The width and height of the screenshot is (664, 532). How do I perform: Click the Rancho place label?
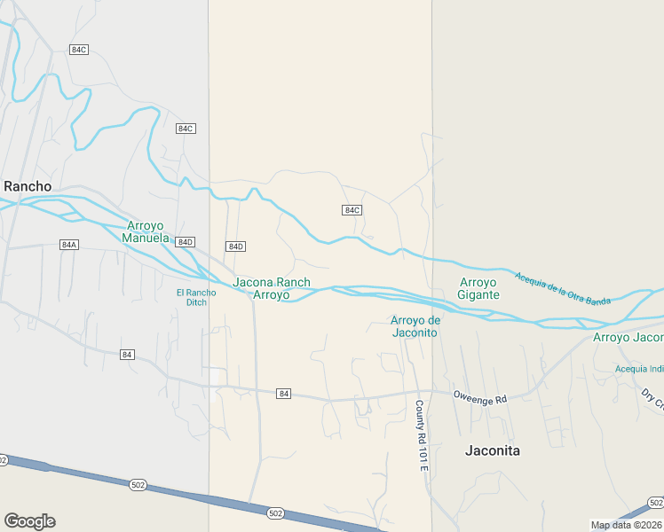(28, 186)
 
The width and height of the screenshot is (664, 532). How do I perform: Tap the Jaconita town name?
(493, 450)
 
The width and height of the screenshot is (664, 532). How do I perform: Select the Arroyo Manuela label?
(146, 231)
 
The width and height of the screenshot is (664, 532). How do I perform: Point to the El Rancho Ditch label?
(196, 297)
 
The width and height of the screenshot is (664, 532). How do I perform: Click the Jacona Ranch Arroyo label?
(272, 288)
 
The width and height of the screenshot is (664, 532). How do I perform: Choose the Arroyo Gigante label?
(479, 288)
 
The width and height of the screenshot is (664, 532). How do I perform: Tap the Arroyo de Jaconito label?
(415, 326)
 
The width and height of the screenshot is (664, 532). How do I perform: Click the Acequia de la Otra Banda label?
(563, 287)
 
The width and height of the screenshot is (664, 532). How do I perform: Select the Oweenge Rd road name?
(479, 399)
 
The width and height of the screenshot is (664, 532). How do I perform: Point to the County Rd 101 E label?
(421, 434)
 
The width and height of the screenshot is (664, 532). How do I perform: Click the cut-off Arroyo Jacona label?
(628, 337)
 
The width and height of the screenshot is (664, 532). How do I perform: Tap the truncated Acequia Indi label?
(639, 369)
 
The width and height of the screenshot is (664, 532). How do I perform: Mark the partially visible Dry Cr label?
(652, 400)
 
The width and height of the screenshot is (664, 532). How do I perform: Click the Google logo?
(29, 521)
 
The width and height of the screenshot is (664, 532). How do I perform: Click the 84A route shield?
(69, 244)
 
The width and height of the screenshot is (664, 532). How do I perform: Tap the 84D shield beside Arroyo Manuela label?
(185, 242)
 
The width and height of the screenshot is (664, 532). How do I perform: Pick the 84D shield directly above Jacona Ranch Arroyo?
(235, 246)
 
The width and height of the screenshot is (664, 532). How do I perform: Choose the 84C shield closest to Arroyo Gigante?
(352, 210)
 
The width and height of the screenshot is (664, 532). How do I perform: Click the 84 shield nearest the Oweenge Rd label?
(283, 393)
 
